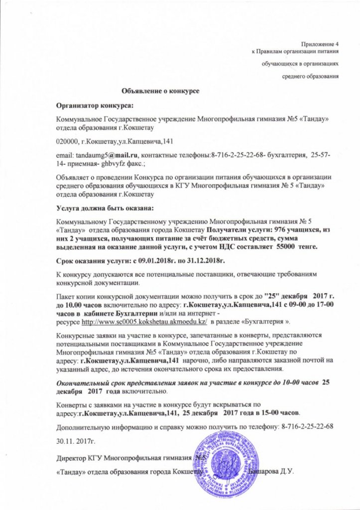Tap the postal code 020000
67,141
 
